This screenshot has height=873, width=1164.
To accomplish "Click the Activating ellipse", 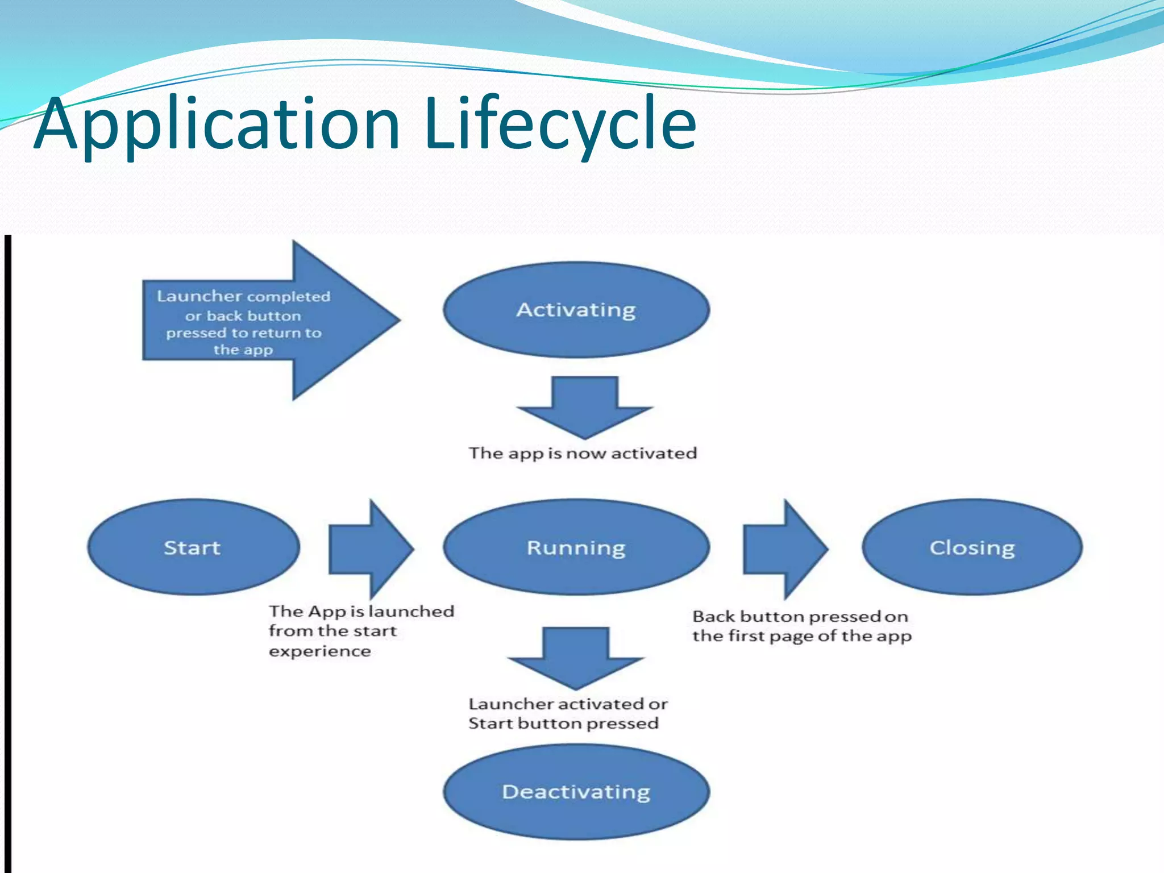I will tap(576, 310).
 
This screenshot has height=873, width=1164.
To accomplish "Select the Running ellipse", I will tap(576, 547).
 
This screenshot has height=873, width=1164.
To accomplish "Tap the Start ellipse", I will tap(193, 547).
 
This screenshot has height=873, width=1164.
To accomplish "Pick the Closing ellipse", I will tap(972, 547).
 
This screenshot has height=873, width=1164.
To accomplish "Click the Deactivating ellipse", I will tap(576, 792).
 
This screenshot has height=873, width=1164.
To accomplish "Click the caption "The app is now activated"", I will tap(583, 454).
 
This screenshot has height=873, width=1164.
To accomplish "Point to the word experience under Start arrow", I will tap(320, 651).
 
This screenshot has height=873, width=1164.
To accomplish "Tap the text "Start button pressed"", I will tap(563, 724).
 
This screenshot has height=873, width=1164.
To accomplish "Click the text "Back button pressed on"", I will tap(800, 617).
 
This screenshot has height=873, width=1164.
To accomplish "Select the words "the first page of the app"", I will tap(802, 636).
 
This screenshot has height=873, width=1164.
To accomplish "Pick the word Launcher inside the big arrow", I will tap(199, 296).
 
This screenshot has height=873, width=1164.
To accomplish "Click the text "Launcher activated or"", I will tap(568, 704).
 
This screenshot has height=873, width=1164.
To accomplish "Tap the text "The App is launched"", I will tap(361, 612).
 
